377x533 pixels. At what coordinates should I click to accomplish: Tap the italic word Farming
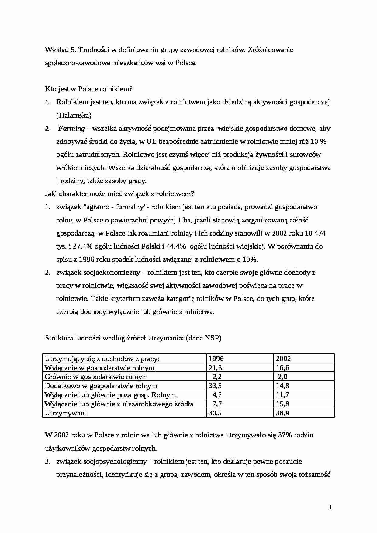pyautogui.click(x=71, y=129)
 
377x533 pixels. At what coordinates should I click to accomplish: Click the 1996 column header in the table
pyautogui.click(x=216, y=359)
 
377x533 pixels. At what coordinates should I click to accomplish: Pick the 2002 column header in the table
pyautogui.click(x=283, y=359)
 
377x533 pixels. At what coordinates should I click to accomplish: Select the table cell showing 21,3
pyautogui.click(x=215, y=368)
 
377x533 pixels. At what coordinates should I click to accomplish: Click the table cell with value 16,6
pyautogui.click(x=282, y=368)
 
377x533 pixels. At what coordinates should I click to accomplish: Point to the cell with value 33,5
pyautogui.click(x=215, y=386)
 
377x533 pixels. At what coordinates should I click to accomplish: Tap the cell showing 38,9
pyautogui.click(x=282, y=413)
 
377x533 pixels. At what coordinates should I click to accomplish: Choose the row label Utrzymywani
pyautogui.click(x=65, y=413)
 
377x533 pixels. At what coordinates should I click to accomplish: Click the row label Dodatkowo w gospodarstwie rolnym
pyautogui.click(x=101, y=386)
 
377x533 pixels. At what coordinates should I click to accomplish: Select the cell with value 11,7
pyautogui.click(x=282, y=395)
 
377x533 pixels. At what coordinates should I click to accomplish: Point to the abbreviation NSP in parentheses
pyautogui.click(x=212, y=338)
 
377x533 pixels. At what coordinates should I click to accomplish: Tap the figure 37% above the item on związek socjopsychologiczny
pyautogui.click(x=285, y=435)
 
